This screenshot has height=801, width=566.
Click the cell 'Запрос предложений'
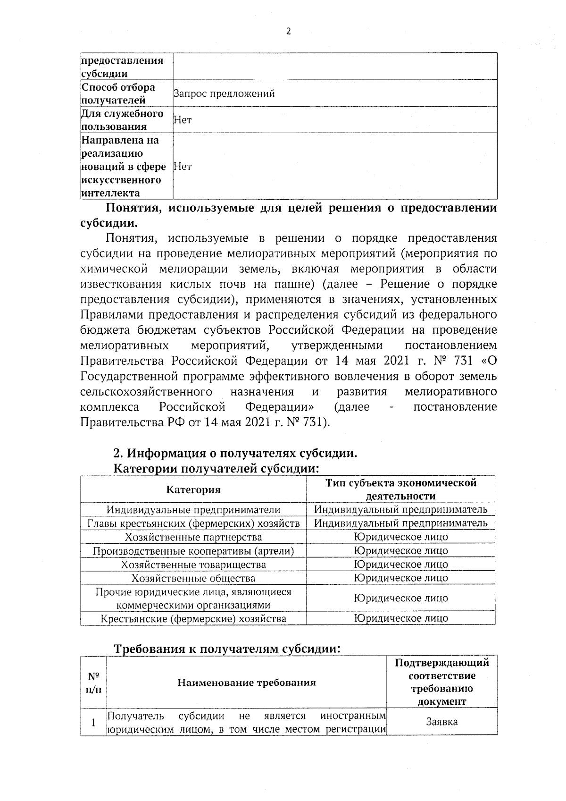(224, 93)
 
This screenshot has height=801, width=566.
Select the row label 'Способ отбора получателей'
(118, 93)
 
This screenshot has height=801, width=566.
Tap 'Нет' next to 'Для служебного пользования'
(183, 120)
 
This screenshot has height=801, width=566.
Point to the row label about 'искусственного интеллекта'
(124, 167)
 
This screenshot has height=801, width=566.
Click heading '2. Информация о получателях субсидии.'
(235, 454)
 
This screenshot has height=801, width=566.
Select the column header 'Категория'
(193, 489)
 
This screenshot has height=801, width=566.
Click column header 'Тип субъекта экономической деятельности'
(401, 489)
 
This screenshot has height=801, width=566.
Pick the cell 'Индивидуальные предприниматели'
(193, 510)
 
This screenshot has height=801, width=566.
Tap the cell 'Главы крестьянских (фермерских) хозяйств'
(193, 523)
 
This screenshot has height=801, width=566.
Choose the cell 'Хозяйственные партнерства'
(193, 537)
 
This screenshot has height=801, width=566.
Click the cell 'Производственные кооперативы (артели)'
(193, 551)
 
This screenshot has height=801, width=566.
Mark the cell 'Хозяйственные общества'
(193, 578)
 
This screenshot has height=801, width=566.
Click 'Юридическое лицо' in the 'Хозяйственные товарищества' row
(401, 565)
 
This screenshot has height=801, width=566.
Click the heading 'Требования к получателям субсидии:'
(227, 649)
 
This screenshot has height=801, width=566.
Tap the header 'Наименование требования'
(247, 683)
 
